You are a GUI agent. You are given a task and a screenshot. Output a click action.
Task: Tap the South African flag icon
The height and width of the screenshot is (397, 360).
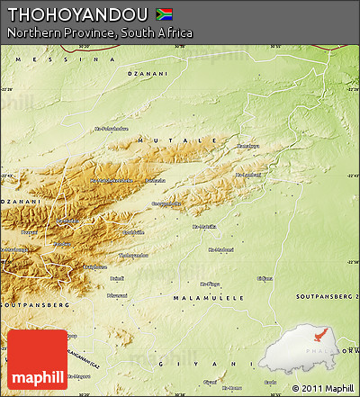[x=165, y=14]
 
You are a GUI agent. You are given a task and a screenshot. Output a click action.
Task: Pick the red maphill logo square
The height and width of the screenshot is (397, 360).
[x=37, y=360]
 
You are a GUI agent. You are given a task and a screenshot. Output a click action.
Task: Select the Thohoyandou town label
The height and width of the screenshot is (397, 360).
[x=134, y=255]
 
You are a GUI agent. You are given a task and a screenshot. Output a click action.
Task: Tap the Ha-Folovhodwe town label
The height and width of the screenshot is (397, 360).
[x=112, y=128]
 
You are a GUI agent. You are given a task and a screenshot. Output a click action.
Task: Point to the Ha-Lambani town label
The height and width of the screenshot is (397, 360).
[x=247, y=175]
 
